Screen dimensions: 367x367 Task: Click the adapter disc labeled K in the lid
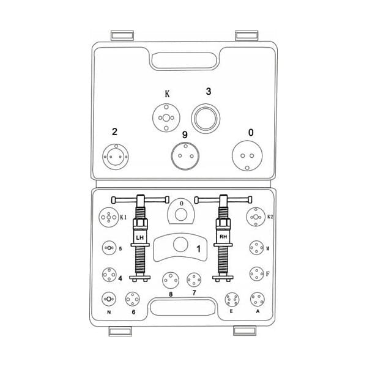[166, 117]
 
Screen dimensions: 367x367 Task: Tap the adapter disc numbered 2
[116, 157]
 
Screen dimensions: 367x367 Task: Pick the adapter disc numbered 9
[185, 156]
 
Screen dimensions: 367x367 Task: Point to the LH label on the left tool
[140, 238]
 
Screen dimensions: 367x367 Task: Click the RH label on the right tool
[223, 237]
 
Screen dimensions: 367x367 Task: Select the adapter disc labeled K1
[109, 217]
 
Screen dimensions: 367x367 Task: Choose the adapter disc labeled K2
[256, 217]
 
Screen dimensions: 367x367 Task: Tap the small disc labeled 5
[109, 248]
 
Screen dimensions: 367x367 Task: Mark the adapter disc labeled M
[256, 248]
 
